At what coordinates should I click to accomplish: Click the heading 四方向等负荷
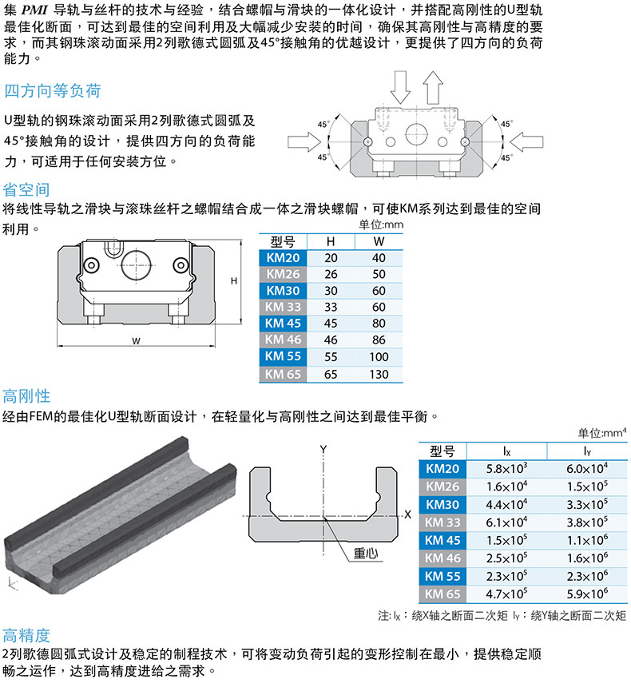pyautogui.click(x=53, y=91)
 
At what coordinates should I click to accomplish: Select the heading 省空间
pyautogui.click(x=26, y=190)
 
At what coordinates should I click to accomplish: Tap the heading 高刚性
pyautogui.click(x=26, y=396)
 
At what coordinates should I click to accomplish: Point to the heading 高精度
pyautogui.click(x=26, y=636)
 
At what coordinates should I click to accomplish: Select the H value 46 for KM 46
pyautogui.click(x=331, y=340)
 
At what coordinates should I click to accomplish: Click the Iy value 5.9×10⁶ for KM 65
pyautogui.click(x=586, y=594)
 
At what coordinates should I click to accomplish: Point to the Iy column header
pyautogui.click(x=586, y=451)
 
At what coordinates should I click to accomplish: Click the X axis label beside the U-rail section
pyautogui.click(x=407, y=515)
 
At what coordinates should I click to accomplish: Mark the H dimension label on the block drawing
pyautogui.click(x=234, y=281)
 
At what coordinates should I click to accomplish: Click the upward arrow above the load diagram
pyautogui.click(x=433, y=82)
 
